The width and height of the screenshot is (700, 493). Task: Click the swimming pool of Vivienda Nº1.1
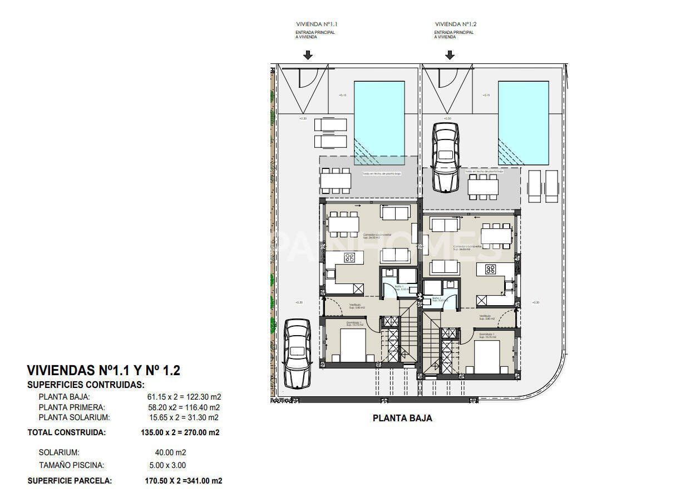[379, 123]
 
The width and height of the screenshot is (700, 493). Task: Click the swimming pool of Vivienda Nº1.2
[523, 123]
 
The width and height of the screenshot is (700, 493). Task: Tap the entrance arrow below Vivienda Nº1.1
[308, 55]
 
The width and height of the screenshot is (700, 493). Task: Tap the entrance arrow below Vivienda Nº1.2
[450, 55]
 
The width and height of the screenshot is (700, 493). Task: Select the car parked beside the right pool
[446, 157]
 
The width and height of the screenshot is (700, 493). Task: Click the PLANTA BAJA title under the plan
[402, 419]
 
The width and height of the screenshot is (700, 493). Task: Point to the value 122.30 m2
[203, 397]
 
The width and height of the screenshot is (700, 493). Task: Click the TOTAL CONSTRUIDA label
[66, 432]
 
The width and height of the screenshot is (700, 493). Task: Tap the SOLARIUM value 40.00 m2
[170, 452]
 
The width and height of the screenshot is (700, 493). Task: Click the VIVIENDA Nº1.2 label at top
[456, 24]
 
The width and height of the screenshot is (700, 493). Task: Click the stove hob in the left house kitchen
[349, 257]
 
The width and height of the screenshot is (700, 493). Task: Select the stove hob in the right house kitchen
[491, 270]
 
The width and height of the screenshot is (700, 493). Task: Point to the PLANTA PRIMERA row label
[72, 407]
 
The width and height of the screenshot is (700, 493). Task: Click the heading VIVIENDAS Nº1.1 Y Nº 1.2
[103, 371]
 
